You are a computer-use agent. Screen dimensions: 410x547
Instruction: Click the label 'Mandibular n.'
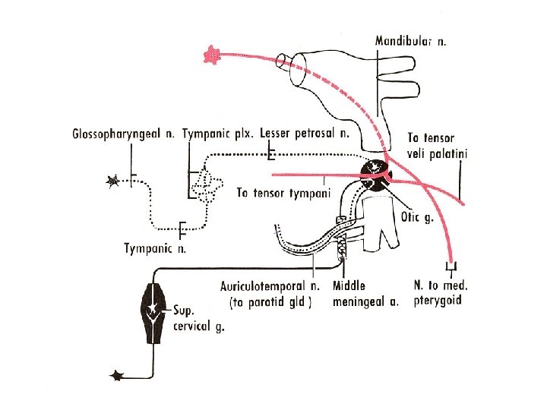[411, 40]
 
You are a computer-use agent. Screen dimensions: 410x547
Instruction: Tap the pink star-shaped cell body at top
[211, 54]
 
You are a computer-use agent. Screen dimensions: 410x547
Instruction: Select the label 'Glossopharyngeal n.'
[124, 134]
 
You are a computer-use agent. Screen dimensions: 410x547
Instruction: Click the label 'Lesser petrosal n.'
[304, 134]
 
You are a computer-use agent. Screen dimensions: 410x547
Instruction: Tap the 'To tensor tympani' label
[283, 193]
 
